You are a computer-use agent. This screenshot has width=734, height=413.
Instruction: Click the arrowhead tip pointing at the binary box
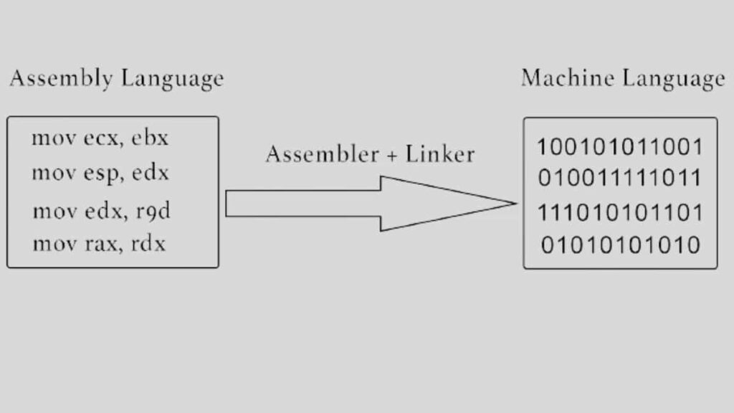tap(515, 203)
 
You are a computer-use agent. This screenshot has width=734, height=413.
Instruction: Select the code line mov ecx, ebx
tap(100, 138)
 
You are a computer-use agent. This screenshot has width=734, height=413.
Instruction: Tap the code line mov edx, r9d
tap(101, 212)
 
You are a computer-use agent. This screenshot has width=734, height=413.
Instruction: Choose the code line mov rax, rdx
tap(99, 244)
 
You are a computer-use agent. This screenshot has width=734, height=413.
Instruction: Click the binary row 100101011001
tap(620, 147)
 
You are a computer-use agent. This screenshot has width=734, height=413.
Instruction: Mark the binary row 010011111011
tap(620, 177)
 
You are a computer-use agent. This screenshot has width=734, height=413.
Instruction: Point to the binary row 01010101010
tap(620, 245)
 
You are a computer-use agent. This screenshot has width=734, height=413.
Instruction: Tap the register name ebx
tap(150, 138)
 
